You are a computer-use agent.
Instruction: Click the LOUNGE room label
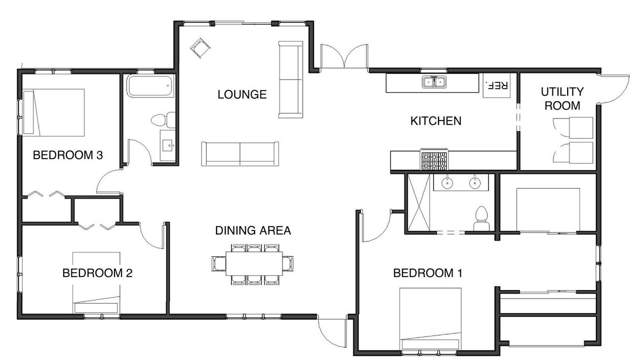242,94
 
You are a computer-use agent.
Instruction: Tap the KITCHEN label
435,121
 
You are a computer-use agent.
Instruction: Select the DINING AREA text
253,230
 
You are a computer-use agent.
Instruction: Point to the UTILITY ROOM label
562,98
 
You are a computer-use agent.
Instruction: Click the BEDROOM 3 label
67,155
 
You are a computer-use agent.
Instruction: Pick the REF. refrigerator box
496,85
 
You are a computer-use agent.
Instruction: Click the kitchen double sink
434,81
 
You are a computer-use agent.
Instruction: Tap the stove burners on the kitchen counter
434,159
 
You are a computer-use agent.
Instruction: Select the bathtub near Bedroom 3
150,85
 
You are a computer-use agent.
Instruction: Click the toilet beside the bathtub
163,120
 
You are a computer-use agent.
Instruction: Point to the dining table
254,263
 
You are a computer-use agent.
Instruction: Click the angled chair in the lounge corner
200,48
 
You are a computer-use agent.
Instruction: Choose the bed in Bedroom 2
96,282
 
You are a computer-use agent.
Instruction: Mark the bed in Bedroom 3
53,112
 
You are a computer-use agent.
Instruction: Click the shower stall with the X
418,202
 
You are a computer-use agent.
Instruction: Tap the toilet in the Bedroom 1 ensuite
481,218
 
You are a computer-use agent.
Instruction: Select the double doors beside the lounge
344,56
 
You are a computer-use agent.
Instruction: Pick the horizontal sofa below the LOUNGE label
240,153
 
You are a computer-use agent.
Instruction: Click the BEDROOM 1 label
427,273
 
